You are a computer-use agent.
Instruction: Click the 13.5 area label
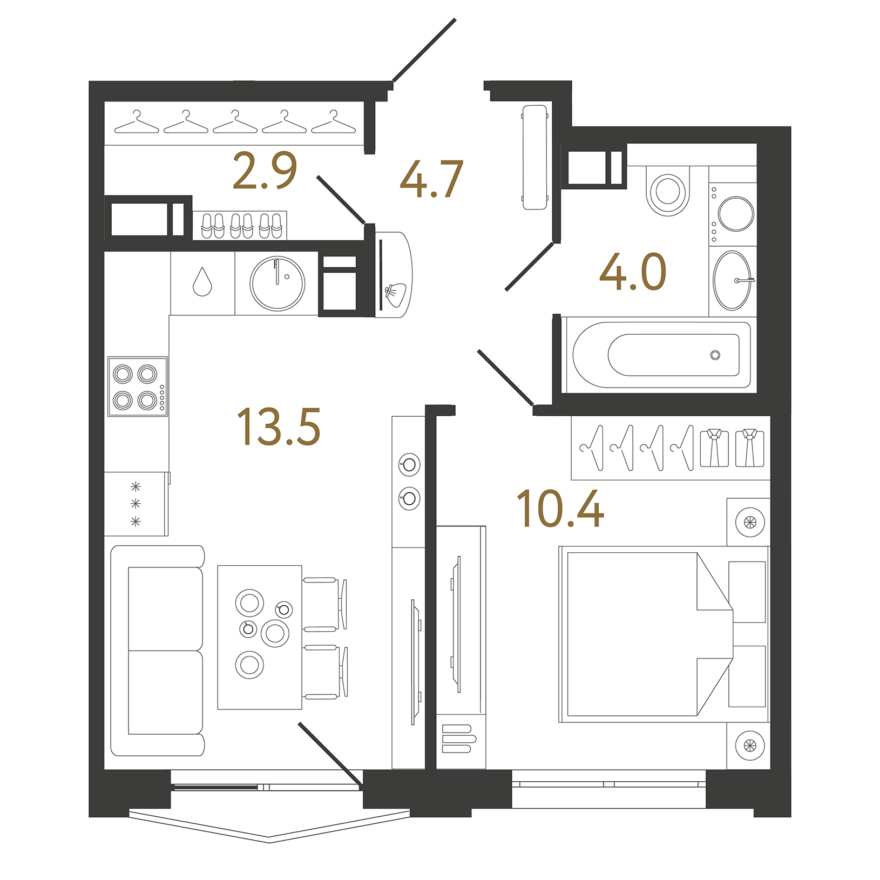point(279,427)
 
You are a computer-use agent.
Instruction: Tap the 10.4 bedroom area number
point(560,509)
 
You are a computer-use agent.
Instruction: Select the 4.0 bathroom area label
point(633,272)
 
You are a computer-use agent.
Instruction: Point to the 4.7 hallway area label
point(431,179)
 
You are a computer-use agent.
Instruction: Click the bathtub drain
point(715,355)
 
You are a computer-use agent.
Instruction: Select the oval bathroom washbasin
point(732,280)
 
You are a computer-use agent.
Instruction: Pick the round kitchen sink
point(277,283)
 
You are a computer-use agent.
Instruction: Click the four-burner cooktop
point(137,387)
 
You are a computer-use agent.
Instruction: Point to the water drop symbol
point(202,282)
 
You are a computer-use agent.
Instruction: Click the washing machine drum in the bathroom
point(736,214)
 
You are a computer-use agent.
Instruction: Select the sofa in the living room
point(158,651)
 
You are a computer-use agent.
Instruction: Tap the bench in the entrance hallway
point(534,157)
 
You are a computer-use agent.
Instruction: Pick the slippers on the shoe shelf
point(241,226)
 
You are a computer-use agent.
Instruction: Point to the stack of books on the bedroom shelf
point(458,739)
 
